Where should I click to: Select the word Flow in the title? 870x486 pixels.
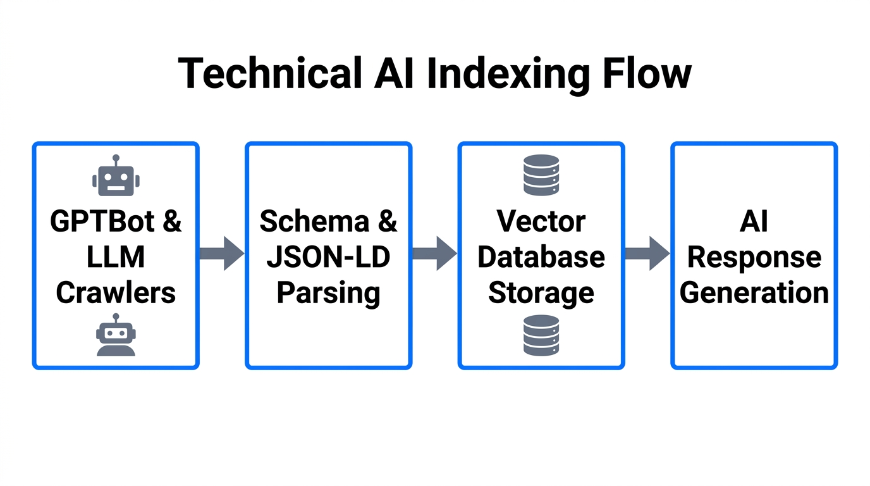(646, 73)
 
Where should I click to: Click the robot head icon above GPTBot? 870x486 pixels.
(116, 176)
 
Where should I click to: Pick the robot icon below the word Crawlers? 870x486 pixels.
(116, 335)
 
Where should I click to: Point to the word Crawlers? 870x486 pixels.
(116, 293)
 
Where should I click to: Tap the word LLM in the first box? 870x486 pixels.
(116, 257)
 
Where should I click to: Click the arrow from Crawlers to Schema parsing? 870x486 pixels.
(221, 254)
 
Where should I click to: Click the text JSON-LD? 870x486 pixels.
(329, 257)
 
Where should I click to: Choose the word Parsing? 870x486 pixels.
(329, 293)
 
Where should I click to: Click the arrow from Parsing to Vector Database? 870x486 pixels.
(434, 254)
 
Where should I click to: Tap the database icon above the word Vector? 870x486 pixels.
(541, 175)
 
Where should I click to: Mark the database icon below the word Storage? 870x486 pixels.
(541, 335)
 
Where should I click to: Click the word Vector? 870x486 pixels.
(541, 221)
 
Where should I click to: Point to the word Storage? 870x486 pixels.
(541, 293)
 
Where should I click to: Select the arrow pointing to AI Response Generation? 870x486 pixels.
(647, 254)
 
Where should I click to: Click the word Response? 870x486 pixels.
(754, 257)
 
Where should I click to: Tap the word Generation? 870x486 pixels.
(754, 293)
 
